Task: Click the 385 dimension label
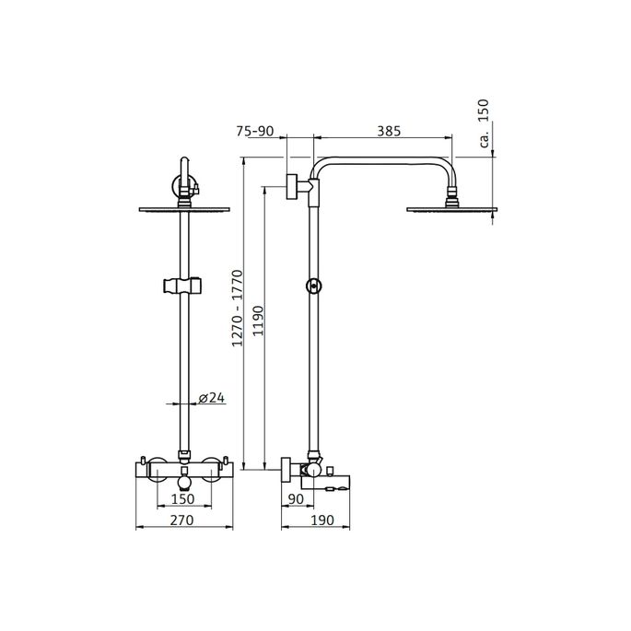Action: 388,132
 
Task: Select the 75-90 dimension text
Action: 255,132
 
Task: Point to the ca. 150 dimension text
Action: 484,123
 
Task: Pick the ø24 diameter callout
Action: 211,398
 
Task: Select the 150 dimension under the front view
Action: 182,498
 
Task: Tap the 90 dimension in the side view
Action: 297,498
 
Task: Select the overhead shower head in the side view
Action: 452,208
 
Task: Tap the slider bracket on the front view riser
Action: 182,285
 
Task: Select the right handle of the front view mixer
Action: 223,461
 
